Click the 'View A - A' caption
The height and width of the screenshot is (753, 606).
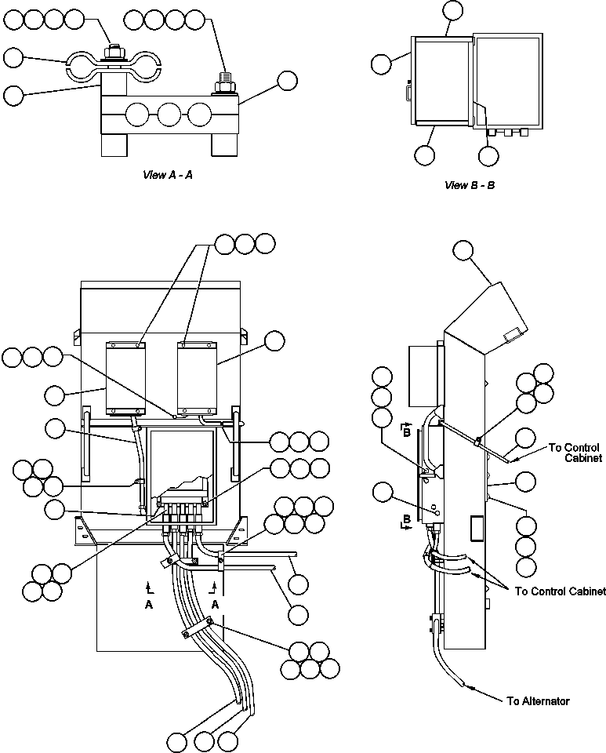pyautogui.click(x=167, y=175)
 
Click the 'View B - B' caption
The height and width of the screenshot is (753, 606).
pyautogui.click(x=469, y=186)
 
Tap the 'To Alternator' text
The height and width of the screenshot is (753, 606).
pyautogui.click(x=538, y=700)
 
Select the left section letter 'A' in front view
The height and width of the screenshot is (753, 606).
pyautogui.click(x=148, y=606)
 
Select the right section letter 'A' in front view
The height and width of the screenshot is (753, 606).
pyautogui.click(x=216, y=606)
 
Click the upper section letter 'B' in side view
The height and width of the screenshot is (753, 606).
pyautogui.click(x=405, y=429)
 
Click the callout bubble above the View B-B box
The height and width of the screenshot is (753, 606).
pyautogui.click(x=453, y=10)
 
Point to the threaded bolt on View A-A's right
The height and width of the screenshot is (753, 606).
pyautogui.click(x=222, y=81)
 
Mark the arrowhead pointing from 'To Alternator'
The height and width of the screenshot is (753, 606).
pyautogui.click(x=467, y=686)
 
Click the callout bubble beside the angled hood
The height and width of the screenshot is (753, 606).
pyautogui.click(x=464, y=250)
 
